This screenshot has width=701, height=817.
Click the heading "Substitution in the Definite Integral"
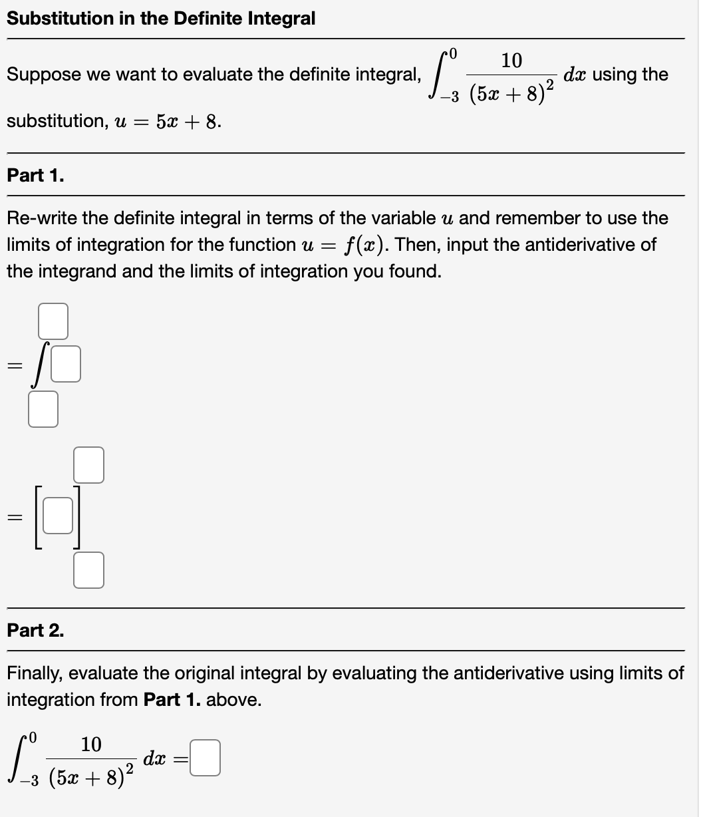(x=161, y=19)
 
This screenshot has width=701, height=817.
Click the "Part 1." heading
(x=35, y=176)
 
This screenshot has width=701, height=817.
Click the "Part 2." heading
(x=35, y=631)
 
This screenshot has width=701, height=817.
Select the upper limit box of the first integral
(x=53, y=320)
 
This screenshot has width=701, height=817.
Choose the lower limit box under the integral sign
(x=43, y=408)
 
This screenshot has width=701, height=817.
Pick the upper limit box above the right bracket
(x=89, y=464)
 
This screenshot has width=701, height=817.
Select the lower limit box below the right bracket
(x=89, y=571)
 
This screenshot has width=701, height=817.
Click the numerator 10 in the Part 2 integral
(x=91, y=744)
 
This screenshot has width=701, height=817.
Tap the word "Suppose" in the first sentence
(x=41, y=75)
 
